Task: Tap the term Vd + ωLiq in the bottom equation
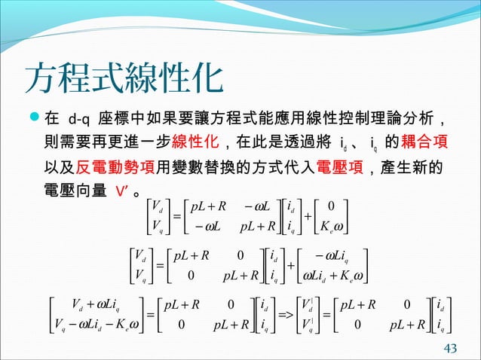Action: click(x=108, y=304)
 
